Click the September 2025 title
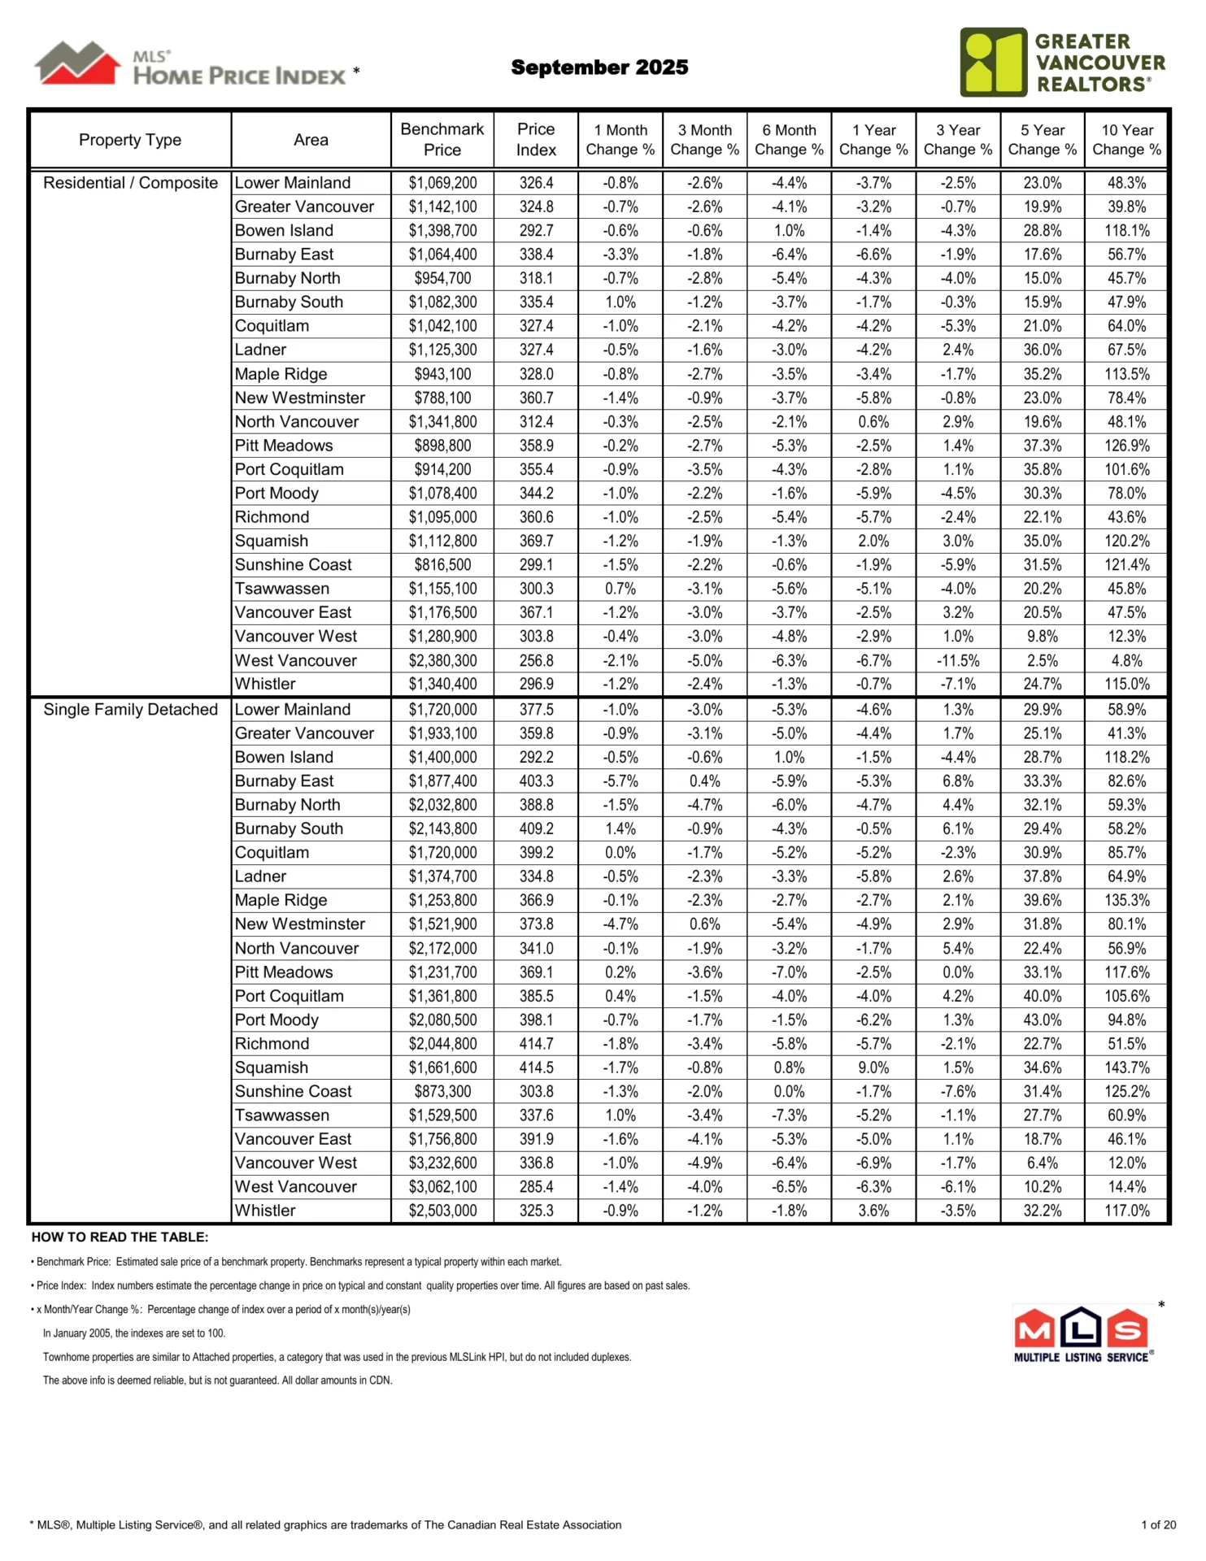(599, 67)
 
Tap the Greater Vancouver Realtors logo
(1062, 63)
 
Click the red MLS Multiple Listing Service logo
(1082, 1334)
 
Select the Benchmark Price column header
(442, 139)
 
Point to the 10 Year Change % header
(1126, 139)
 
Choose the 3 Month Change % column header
(704, 139)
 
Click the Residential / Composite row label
(130, 183)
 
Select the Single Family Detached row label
(130, 709)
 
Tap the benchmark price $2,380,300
(442, 660)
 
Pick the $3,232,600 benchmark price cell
(442, 1163)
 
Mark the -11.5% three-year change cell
(957, 660)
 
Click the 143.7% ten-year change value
(1126, 1067)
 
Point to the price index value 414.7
(536, 1043)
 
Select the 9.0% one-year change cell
(873, 1067)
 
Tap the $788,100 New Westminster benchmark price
(442, 398)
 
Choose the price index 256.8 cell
(536, 660)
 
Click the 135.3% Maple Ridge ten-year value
(1126, 900)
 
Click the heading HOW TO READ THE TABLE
(120, 1237)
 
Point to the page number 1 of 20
(1158, 1524)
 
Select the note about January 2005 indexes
(134, 1333)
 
